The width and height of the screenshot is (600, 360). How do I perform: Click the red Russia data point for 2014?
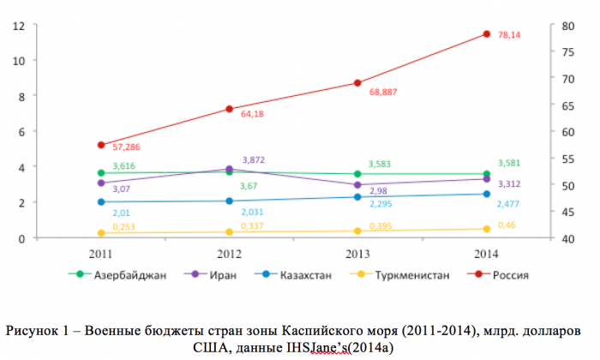click(x=486, y=34)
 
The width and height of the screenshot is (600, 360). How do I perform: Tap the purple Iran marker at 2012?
click(x=229, y=170)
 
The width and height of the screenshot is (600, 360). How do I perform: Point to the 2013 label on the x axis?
click(x=357, y=254)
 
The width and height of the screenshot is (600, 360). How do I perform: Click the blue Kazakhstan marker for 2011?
click(x=101, y=202)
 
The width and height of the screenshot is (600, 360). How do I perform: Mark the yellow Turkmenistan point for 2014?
click(x=486, y=229)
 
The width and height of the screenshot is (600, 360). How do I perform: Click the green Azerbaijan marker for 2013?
click(x=357, y=174)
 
